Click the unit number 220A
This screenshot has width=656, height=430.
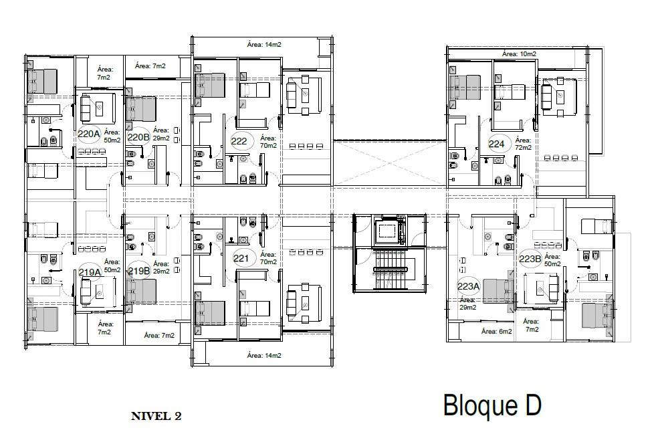pos(89,134)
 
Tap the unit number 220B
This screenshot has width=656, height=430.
pos(138,137)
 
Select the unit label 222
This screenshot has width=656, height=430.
pos(239,141)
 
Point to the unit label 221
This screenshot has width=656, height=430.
pos(241,259)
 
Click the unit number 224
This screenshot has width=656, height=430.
pos(496,144)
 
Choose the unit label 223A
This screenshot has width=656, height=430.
pos(468,286)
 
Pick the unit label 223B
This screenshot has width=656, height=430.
pos(530,259)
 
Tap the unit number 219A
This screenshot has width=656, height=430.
pos(90,272)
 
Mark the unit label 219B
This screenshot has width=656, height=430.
pos(139,271)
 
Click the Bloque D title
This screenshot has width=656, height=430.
pos(492,405)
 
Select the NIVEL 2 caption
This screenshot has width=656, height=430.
pos(156,416)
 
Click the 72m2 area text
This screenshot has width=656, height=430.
pos(523,148)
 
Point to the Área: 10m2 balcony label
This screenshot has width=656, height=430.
pos(519,53)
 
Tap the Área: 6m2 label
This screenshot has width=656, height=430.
pos(497,331)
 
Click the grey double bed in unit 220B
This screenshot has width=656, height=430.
pos(141,109)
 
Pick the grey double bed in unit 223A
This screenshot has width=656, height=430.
pos(499,291)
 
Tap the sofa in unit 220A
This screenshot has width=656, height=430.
pos(86,107)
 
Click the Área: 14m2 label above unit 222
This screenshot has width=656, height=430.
pos(264,44)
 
